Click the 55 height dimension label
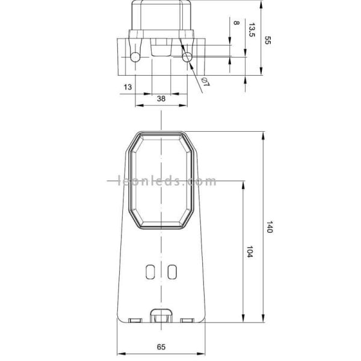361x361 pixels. point(268,40)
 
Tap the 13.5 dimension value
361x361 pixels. point(251,30)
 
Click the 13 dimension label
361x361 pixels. point(127,88)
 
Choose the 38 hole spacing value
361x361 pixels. point(161,98)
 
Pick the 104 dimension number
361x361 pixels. point(249,253)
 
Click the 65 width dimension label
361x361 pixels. point(161,347)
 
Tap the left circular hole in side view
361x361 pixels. point(135,57)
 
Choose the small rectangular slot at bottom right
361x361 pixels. point(187,320)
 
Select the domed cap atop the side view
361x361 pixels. point(161,15)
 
